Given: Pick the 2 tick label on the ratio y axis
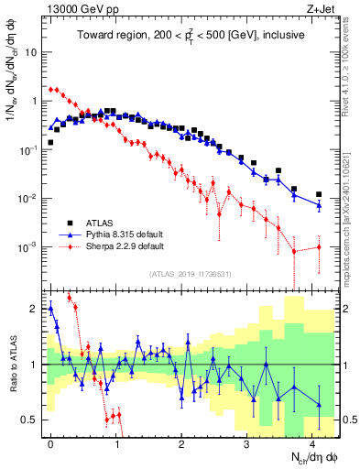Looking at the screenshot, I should [35, 309].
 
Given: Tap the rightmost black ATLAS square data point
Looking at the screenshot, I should [319, 194].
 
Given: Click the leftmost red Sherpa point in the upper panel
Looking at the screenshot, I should [50, 90].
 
